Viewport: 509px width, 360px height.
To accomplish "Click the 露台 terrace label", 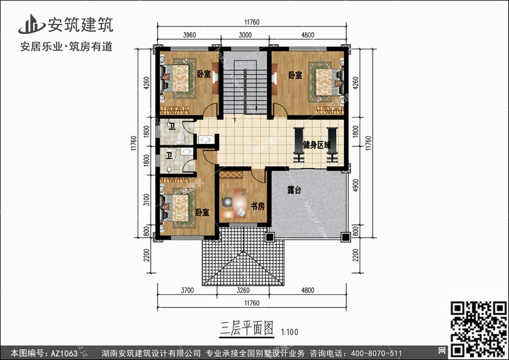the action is click(x=294, y=190).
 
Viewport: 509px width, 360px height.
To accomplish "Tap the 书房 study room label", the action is click(x=258, y=206).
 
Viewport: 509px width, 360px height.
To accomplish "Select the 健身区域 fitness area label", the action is click(x=317, y=145).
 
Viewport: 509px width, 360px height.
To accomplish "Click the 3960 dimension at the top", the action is click(x=189, y=35).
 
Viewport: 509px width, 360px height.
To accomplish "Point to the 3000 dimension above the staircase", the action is click(x=245, y=35).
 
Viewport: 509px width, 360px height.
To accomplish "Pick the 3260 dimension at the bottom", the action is click(x=243, y=290).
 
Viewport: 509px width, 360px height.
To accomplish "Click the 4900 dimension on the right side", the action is click(x=356, y=185).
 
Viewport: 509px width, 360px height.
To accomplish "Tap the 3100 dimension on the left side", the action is click(x=147, y=200).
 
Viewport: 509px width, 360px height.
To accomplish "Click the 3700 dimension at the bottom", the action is click(x=187, y=290).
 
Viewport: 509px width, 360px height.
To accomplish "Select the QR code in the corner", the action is click(x=478, y=329).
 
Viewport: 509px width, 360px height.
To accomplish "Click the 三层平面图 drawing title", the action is click(x=247, y=329).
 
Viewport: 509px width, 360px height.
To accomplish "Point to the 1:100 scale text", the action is click(x=290, y=332).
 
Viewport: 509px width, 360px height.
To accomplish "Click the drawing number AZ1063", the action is click(x=64, y=353).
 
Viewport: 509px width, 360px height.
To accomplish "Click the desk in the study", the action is click(x=240, y=203).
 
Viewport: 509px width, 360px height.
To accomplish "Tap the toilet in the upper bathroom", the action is click(x=181, y=138).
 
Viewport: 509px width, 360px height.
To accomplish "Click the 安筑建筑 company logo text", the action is click(x=81, y=25).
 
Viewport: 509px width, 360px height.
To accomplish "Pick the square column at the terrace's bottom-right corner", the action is click(x=345, y=238).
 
